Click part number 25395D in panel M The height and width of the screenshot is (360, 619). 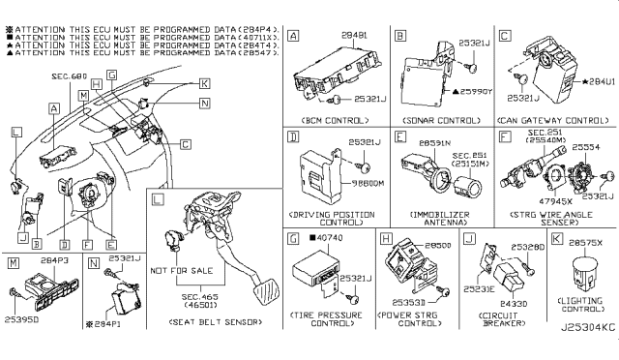pyautogui.click(x=20, y=344)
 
